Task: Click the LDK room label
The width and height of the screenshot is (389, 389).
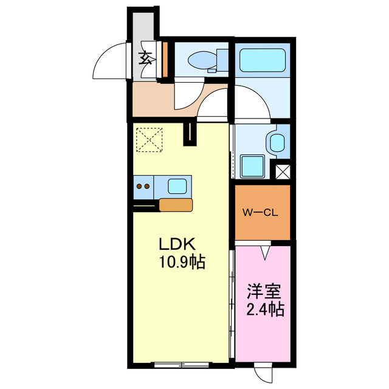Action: click(x=176, y=244)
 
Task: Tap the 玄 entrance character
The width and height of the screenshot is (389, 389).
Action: click(x=146, y=58)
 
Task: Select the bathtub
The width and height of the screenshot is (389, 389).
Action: click(x=263, y=60)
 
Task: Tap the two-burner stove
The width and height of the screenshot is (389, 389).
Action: click(x=144, y=187)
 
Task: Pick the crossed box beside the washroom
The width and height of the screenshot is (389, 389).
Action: click(x=283, y=171)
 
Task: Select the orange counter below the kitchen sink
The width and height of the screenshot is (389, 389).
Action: click(x=176, y=204)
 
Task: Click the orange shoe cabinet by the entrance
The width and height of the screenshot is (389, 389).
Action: click(x=165, y=59)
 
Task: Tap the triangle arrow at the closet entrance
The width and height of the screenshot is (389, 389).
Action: click(x=264, y=250)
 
